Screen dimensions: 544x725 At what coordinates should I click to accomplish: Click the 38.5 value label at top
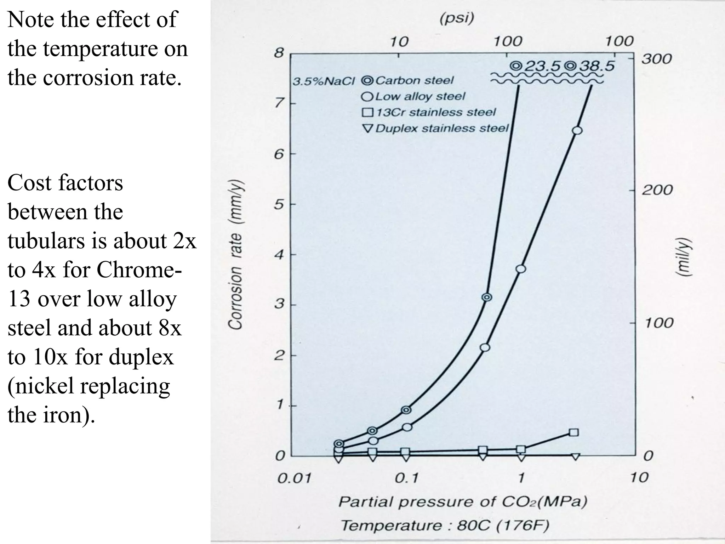tap(597, 66)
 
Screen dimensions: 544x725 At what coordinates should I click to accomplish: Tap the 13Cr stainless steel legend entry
tap(428, 112)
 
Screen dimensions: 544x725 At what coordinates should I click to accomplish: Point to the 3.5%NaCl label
tap(323, 81)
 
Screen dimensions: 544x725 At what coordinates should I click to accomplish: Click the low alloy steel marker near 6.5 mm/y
tap(577, 130)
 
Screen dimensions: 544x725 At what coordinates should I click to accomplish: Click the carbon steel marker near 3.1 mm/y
tap(487, 297)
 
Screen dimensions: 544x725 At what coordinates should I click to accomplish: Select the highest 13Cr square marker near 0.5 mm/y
tap(574, 432)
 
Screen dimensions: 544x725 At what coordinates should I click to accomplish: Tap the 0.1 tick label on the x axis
tap(406, 479)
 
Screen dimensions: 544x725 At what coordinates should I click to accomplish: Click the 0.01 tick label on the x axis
tap(294, 479)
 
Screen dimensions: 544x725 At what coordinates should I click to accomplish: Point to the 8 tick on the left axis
tap(279, 53)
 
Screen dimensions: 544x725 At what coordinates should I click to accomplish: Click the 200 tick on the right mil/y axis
tap(657, 190)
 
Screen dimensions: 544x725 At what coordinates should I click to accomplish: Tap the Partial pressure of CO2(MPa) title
tap(463, 501)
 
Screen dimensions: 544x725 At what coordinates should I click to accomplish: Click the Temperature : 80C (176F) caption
tap(445, 525)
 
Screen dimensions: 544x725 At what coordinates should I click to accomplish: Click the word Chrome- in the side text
tap(139, 270)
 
